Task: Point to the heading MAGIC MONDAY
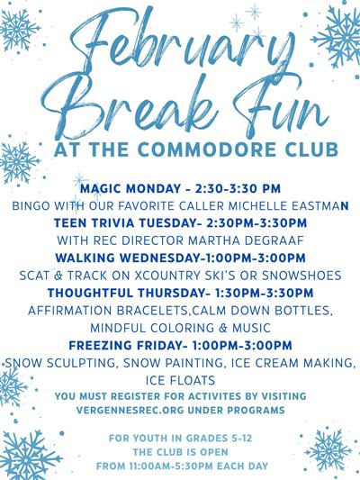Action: tap(123, 190)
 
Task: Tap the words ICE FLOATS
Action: tap(180, 379)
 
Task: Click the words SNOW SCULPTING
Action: tap(55, 362)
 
